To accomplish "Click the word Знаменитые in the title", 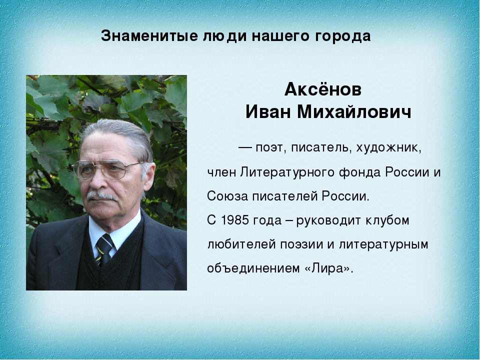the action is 149,36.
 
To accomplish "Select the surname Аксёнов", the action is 323,89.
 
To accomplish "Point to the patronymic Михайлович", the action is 354,112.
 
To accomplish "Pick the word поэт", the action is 269,148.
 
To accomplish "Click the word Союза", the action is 227,196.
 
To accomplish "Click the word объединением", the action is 254,268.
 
